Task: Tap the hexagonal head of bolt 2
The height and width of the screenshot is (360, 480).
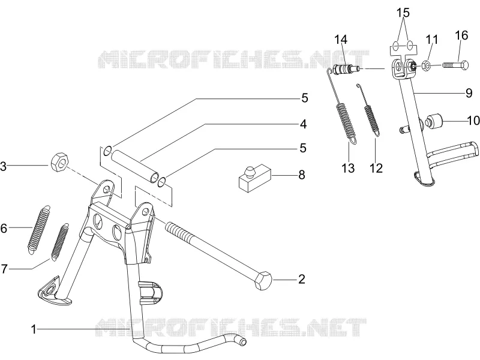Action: pyautogui.click(x=263, y=280)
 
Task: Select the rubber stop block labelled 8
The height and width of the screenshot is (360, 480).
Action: pyautogui.click(x=254, y=178)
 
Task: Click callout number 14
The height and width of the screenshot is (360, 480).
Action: pyautogui.click(x=340, y=40)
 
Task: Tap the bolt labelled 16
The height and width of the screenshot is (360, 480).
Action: pyautogui.click(x=455, y=65)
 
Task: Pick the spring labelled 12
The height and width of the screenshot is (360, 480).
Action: pyautogui.click(x=369, y=110)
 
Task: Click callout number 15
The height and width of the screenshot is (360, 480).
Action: pyautogui.click(x=403, y=13)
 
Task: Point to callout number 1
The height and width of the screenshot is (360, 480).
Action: pyautogui.click(x=34, y=329)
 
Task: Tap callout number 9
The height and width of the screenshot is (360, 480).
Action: pyautogui.click(x=469, y=93)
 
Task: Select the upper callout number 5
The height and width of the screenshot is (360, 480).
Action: pyautogui.click(x=304, y=98)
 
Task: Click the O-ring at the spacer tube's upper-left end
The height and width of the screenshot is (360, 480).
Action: pyautogui.click(x=107, y=151)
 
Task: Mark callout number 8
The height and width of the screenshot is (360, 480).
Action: pyautogui.click(x=302, y=175)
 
